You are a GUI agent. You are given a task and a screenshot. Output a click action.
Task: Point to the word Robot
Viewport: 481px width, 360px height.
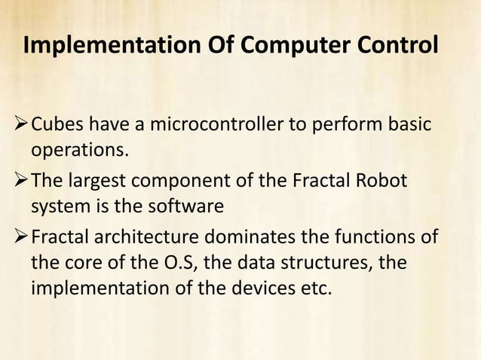(381, 182)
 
